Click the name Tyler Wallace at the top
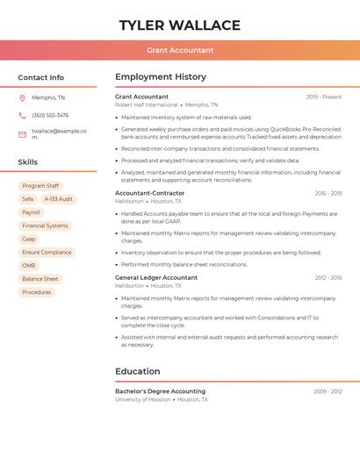coord(180,25)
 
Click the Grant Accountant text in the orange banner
coord(180,50)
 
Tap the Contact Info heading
coord(41,77)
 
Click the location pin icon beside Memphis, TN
coord(22,97)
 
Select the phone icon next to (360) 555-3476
coord(22,115)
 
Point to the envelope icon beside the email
coord(22,134)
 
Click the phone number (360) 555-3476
coord(50,115)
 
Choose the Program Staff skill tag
coord(40,186)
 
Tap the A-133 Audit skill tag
coord(59,199)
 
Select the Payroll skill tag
coord(31,212)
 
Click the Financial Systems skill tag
coord(45,225)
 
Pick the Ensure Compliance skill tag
coord(47,252)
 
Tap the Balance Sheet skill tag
coord(40,279)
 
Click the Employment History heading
coord(161,77)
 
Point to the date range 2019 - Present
coord(324,97)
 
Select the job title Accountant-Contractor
coord(149,193)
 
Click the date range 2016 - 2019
coord(328,193)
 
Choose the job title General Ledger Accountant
coord(156,277)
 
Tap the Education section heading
coord(138,371)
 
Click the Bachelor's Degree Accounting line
coord(160,391)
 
